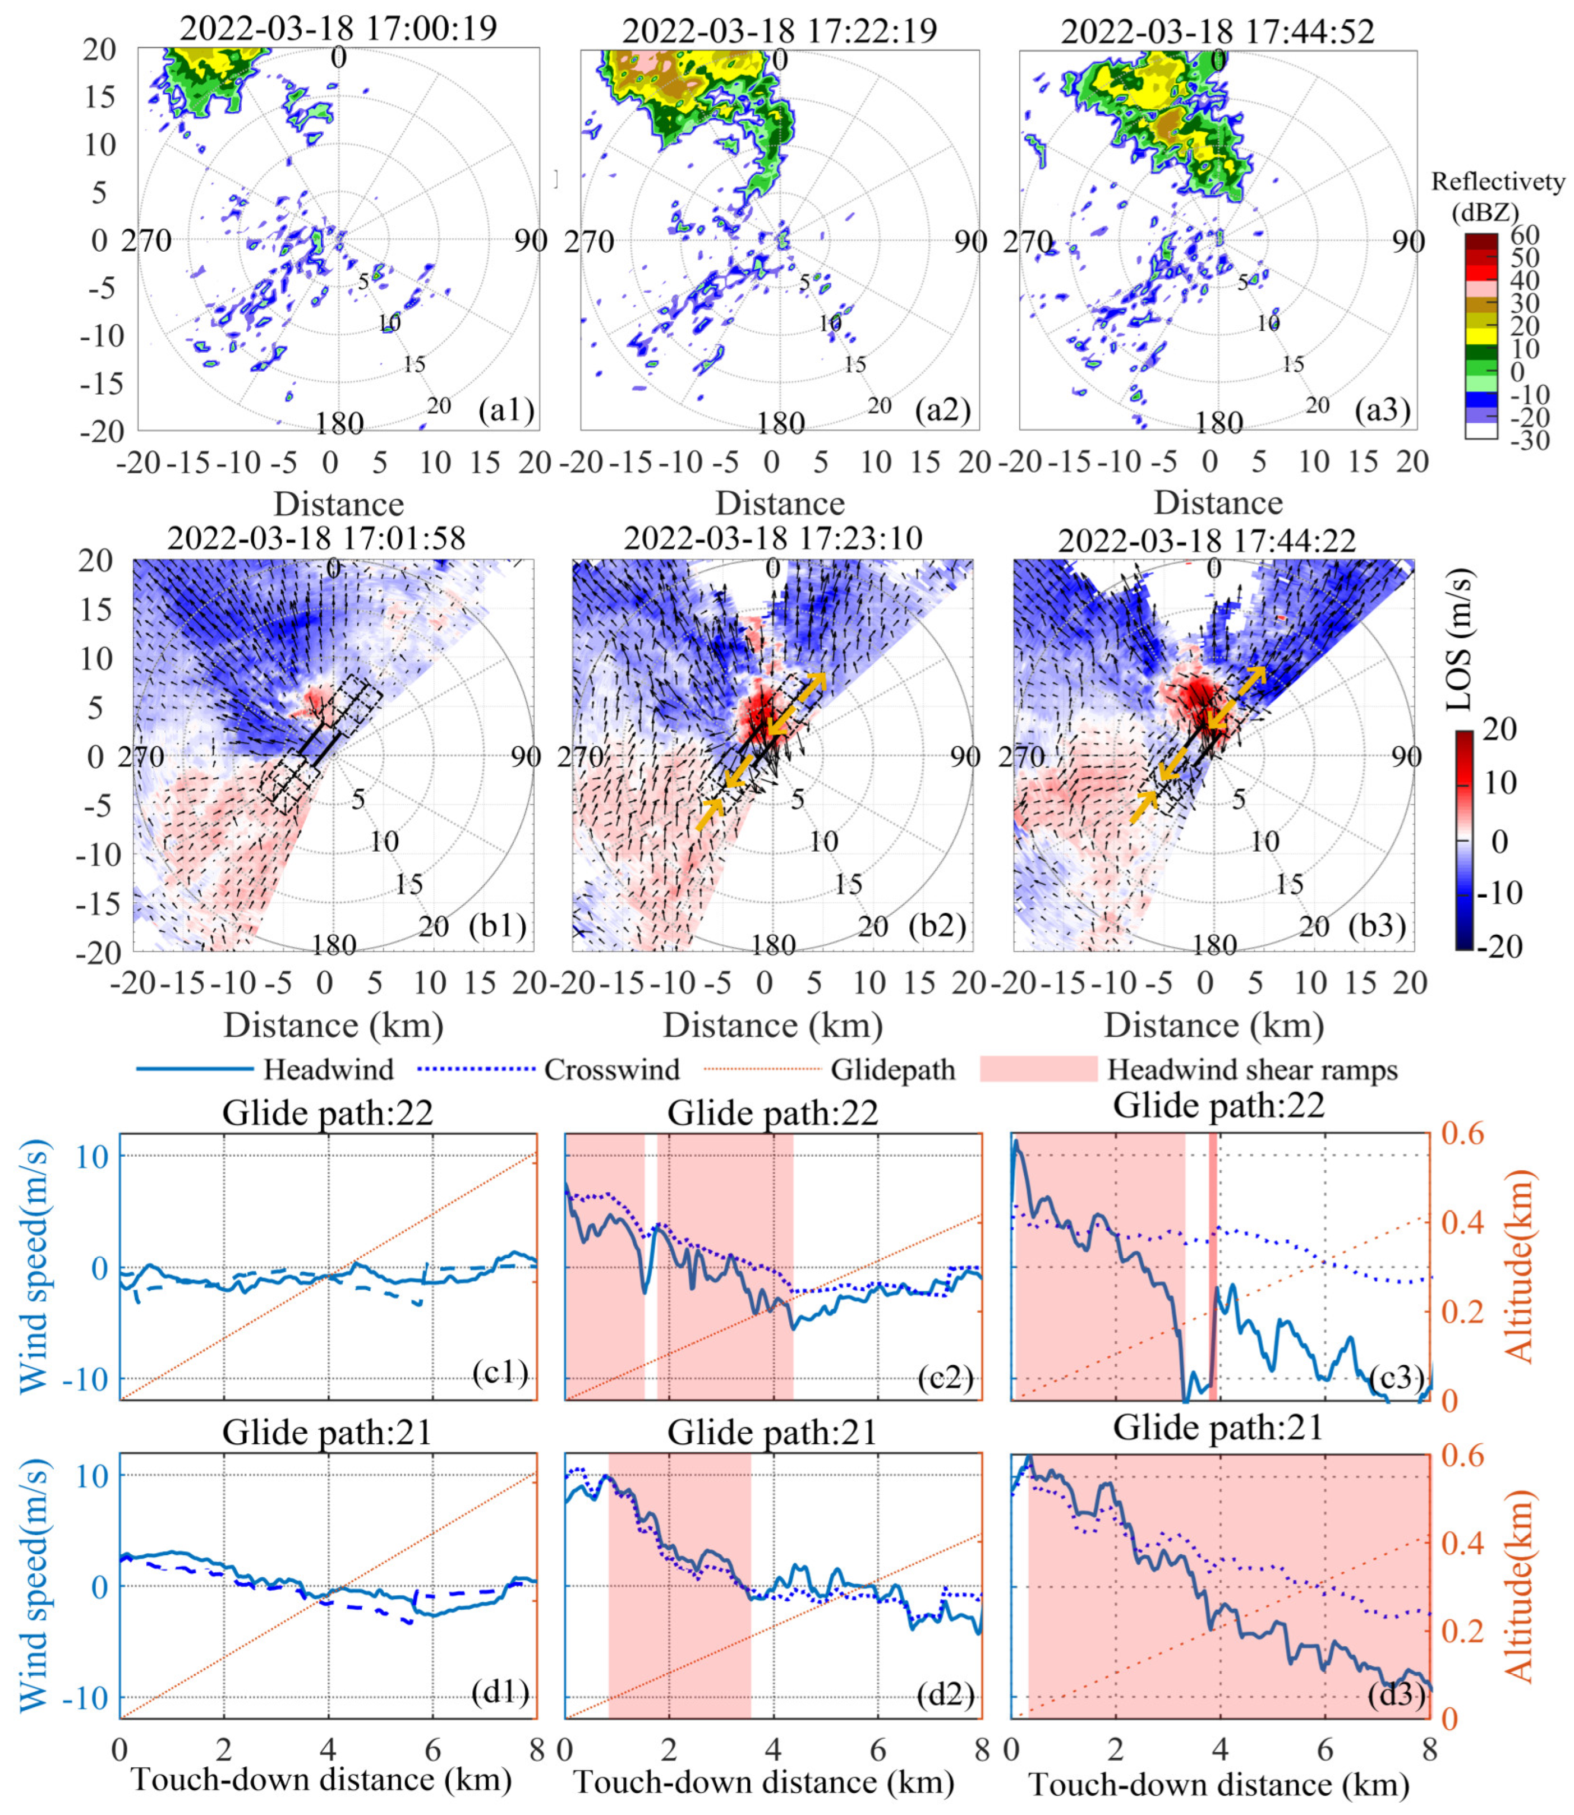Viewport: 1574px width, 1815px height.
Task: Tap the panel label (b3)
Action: pos(1377,926)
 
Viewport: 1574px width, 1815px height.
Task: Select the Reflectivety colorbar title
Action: pos(1498,182)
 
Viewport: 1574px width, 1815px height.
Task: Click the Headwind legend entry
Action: pos(328,1069)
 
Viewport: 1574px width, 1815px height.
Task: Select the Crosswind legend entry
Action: pos(611,1069)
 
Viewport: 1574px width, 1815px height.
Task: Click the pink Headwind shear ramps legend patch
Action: pos(1038,1069)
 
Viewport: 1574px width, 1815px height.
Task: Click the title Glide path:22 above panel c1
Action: pos(328,1114)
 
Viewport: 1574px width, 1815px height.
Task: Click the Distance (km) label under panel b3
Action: pos(1214,1026)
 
